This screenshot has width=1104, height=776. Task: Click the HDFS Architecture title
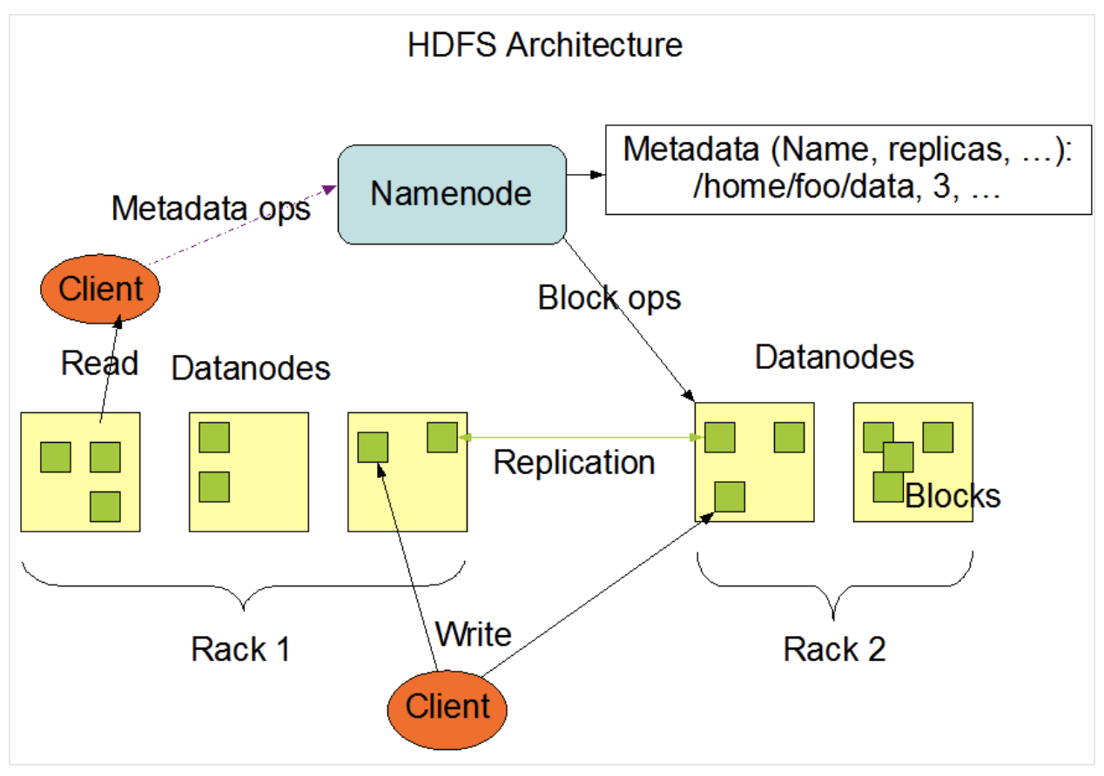tap(545, 44)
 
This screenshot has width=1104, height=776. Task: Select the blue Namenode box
tap(451, 193)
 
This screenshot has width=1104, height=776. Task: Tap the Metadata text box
tap(848, 170)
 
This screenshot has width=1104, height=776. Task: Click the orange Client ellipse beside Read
tap(100, 289)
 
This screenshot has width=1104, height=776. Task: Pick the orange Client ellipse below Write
tap(447, 706)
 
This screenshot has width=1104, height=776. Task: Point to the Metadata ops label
tap(211, 209)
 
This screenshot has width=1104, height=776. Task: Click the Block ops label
tap(609, 298)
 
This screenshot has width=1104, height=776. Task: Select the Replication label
tap(574, 463)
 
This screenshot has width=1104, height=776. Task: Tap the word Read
tap(99, 363)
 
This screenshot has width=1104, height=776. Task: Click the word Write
tap(473, 634)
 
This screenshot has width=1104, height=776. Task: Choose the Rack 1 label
tap(240, 649)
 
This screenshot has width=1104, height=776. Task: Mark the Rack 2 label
tap(834, 649)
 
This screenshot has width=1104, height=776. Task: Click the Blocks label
tap(953, 496)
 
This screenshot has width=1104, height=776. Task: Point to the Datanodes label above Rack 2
tap(834, 358)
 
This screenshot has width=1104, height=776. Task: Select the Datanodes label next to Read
tap(251, 368)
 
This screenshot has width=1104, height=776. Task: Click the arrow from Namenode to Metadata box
tap(584, 174)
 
